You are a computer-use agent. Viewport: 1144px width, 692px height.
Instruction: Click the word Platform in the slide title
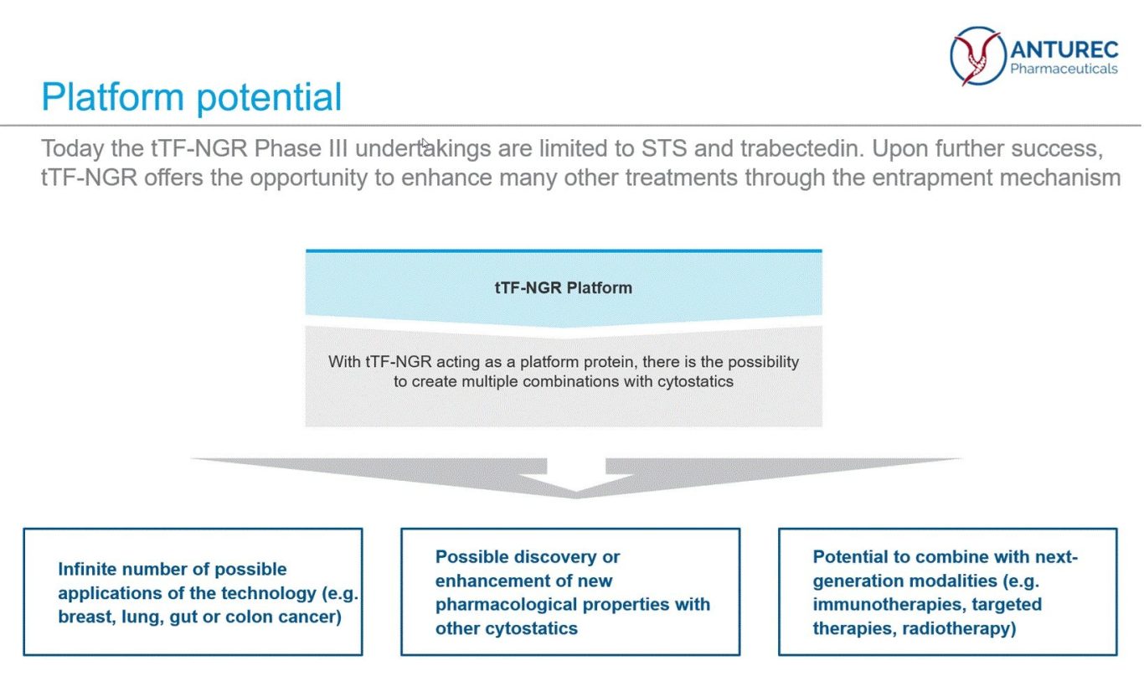pyautogui.click(x=112, y=96)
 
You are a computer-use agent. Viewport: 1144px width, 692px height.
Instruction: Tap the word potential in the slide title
pyautogui.click(x=269, y=97)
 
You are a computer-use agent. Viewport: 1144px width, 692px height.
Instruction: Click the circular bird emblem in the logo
pyautogui.click(x=977, y=55)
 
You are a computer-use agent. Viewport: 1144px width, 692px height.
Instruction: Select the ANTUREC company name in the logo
pyautogui.click(x=1064, y=50)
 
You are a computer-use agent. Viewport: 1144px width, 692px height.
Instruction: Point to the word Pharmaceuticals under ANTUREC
pyautogui.click(x=1064, y=69)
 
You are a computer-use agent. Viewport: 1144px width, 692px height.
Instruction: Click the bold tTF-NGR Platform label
pyautogui.click(x=564, y=287)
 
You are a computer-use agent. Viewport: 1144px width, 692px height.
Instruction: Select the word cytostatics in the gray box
pyautogui.click(x=695, y=381)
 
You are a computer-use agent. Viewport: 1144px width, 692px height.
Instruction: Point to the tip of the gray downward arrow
pyautogui.click(x=576, y=498)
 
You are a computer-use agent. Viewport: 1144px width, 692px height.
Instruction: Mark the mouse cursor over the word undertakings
pyautogui.click(x=425, y=143)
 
